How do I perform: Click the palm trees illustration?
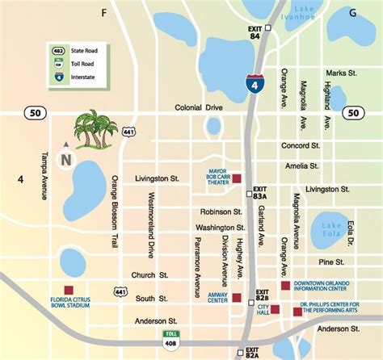click(x=94, y=129)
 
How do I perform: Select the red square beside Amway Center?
click(x=236, y=298)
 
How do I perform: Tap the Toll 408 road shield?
click(x=170, y=337)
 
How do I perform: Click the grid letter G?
click(x=352, y=13)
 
